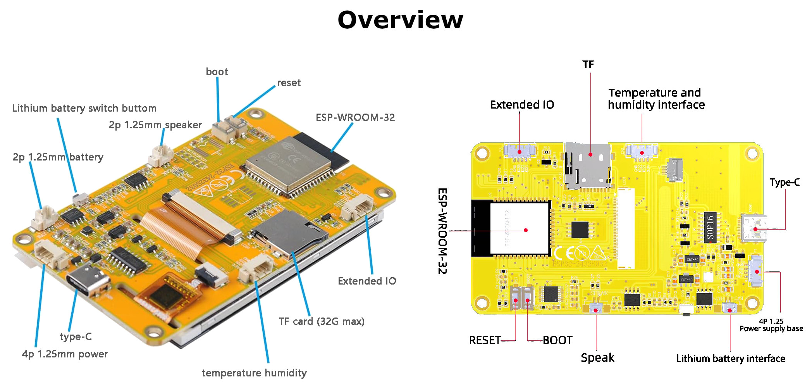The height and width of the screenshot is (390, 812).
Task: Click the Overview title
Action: click(x=400, y=20)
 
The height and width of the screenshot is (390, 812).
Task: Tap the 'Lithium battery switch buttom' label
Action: click(x=84, y=108)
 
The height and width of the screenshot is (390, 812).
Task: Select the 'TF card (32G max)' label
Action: click(x=321, y=321)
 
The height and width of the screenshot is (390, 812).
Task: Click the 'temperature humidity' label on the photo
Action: click(x=254, y=373)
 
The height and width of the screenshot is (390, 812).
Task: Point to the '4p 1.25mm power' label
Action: click(x=65, y=354)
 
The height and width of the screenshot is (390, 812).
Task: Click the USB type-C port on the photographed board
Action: click(x=87, y=279)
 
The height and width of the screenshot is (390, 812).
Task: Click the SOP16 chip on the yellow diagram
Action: click(x=710, y=228)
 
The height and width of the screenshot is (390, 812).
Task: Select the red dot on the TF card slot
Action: click(x=590, y=155)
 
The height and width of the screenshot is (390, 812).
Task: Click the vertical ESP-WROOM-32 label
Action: click(x=442, y=231)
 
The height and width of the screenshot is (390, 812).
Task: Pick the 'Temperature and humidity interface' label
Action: click(x=656, y=99)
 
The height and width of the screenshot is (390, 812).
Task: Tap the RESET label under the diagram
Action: click(x=485, y=340)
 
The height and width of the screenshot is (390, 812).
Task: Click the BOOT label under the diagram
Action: click(x=557, y=340)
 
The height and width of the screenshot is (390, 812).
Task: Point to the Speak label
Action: click(x=597, y=357)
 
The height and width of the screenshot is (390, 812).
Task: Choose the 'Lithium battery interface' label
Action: click(x=730, y=359)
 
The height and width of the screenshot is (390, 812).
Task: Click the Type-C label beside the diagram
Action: click(x=784, y=182)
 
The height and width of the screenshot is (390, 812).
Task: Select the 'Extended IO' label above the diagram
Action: click(x=522, y=105)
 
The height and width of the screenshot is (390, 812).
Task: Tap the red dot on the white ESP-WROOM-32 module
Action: click(x=526, y=230)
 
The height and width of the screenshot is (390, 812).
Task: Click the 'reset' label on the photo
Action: click(x=289, y=83)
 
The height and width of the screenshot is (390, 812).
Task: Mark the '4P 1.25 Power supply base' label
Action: click(x=771, y=325)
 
